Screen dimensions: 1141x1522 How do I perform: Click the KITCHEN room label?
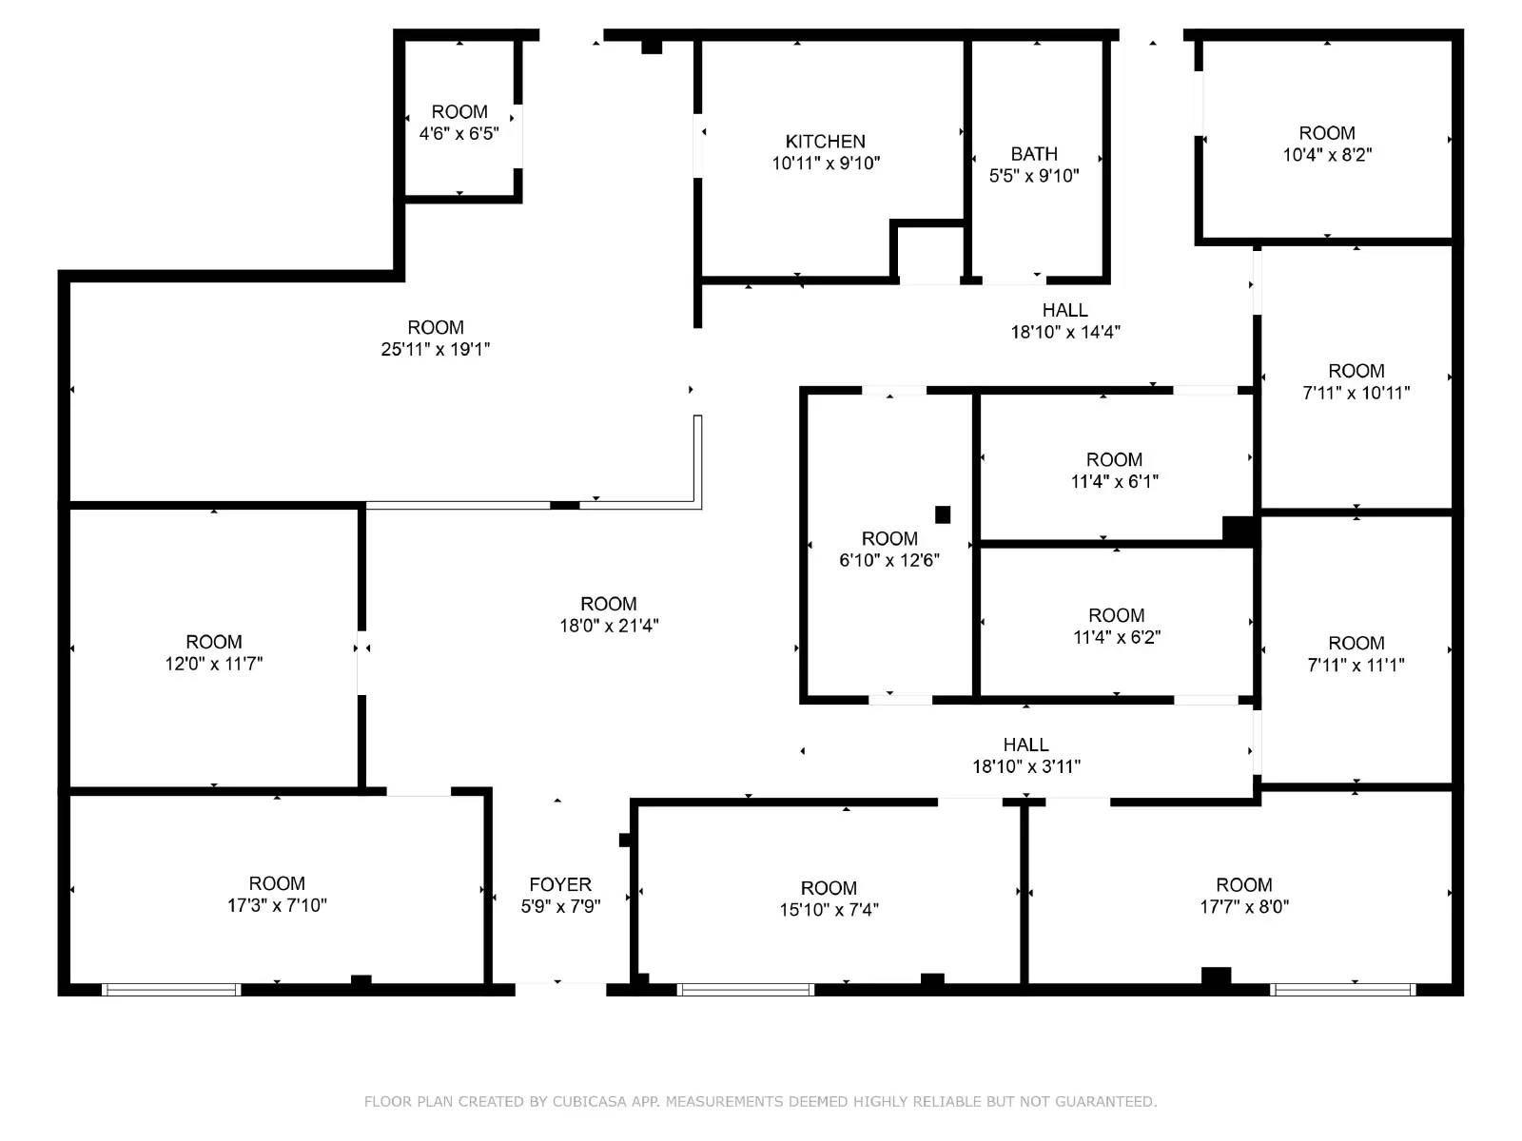tap(825, 142)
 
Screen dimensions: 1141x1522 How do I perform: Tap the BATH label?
tap(1034, 154)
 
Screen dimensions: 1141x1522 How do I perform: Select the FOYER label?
tap(560, 884)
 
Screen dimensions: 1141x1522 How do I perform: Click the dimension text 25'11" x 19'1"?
tap(436, 349)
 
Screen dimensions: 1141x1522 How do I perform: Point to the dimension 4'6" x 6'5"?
tap(459, 133)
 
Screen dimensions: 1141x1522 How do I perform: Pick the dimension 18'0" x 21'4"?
tap(609, 626)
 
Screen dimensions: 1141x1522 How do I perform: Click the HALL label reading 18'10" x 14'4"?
tap(1064, 310)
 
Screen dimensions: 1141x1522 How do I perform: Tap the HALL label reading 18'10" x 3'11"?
tap(1025, 745)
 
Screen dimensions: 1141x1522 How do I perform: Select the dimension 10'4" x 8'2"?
tap(1327, 155)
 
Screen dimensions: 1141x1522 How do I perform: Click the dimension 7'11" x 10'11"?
tap(1356, 393)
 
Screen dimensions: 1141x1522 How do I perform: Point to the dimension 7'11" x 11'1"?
tap(1356, 666)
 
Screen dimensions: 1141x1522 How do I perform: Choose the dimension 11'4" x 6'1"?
tap(1114, 481)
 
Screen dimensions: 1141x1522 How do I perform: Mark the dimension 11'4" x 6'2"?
tap(1116, 637)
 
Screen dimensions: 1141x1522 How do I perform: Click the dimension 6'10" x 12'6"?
tap(889, 560)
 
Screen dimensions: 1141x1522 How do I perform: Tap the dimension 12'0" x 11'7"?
tap(214, 664)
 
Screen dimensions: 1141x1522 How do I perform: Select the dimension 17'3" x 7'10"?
tap(277, 905)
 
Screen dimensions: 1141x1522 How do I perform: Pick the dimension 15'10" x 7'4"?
tap(829, 910)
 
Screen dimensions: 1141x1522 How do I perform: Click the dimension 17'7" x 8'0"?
tap(1243, 907)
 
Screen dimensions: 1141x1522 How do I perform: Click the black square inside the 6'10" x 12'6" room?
tap(943, 514)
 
